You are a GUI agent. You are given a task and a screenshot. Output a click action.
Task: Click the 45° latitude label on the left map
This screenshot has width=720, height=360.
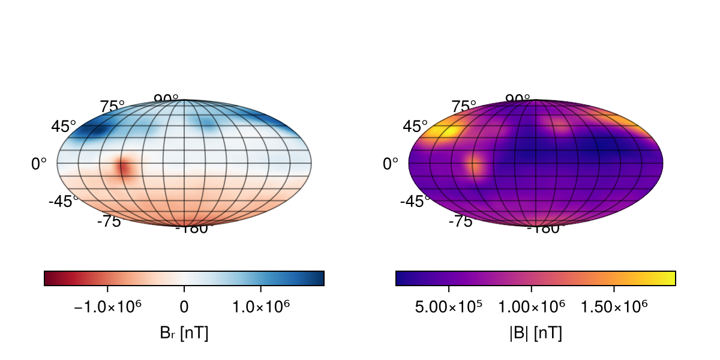[64, 127]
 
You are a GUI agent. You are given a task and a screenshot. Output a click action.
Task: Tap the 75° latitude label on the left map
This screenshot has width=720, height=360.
[112, 107]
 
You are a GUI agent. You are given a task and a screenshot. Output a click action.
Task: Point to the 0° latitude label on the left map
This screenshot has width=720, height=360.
[39, 163]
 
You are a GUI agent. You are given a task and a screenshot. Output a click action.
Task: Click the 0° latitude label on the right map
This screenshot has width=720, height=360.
[391, 163]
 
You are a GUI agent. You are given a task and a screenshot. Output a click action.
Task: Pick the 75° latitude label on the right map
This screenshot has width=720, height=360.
[464, 107]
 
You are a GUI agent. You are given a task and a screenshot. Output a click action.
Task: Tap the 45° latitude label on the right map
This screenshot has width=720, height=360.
[415, 127]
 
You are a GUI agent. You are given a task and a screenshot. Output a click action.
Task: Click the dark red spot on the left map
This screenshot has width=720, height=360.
[124, 168]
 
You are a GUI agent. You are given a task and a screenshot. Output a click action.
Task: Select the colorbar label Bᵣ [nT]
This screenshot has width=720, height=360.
[184, 333]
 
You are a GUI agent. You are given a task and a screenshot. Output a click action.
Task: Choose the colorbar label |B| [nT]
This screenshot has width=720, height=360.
[536, 333]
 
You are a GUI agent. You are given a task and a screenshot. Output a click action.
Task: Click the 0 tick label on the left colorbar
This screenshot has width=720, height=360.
[184, 307]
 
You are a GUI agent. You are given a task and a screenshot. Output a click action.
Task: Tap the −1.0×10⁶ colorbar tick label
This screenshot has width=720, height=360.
[107, 307]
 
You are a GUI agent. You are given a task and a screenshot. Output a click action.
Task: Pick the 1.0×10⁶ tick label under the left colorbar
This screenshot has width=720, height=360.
[261, 307]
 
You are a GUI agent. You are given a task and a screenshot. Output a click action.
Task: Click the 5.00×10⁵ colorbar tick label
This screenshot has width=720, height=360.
[449, 307]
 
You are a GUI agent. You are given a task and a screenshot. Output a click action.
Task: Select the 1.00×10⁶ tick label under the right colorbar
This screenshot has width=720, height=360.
[532, 307]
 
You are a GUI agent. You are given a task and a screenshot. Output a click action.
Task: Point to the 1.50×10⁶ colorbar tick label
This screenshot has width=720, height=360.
[614, 307]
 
